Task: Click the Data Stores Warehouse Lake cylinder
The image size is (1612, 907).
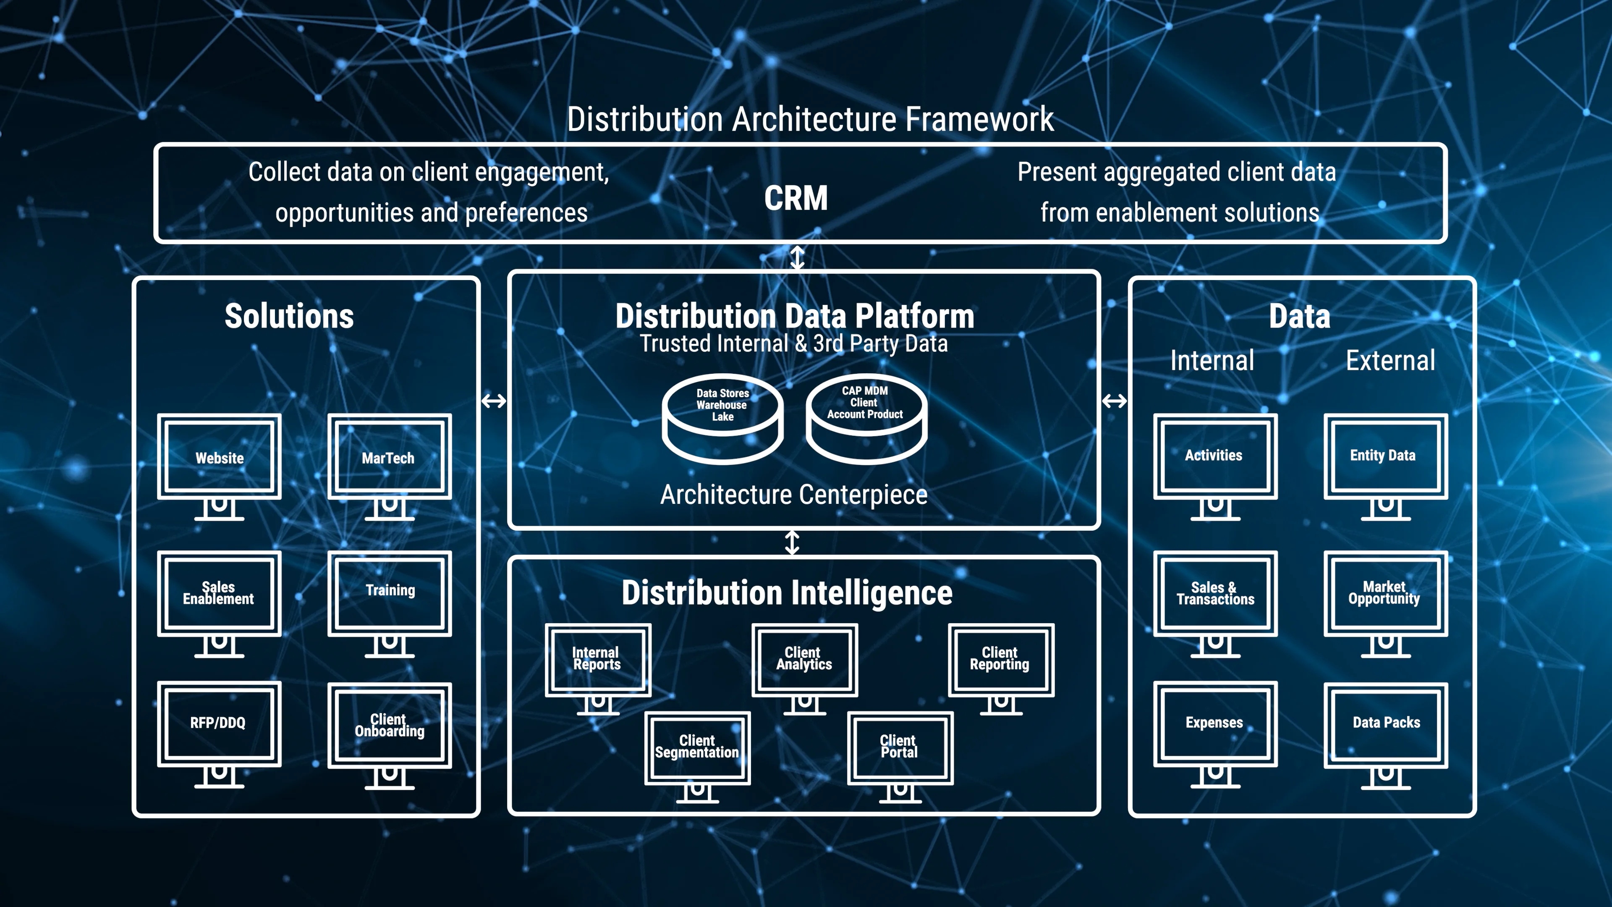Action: point(723,418)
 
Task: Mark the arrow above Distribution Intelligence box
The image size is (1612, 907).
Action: point(792,543)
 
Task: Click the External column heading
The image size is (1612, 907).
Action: point(1390,361)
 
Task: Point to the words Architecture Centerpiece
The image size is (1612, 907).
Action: point(793,495)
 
